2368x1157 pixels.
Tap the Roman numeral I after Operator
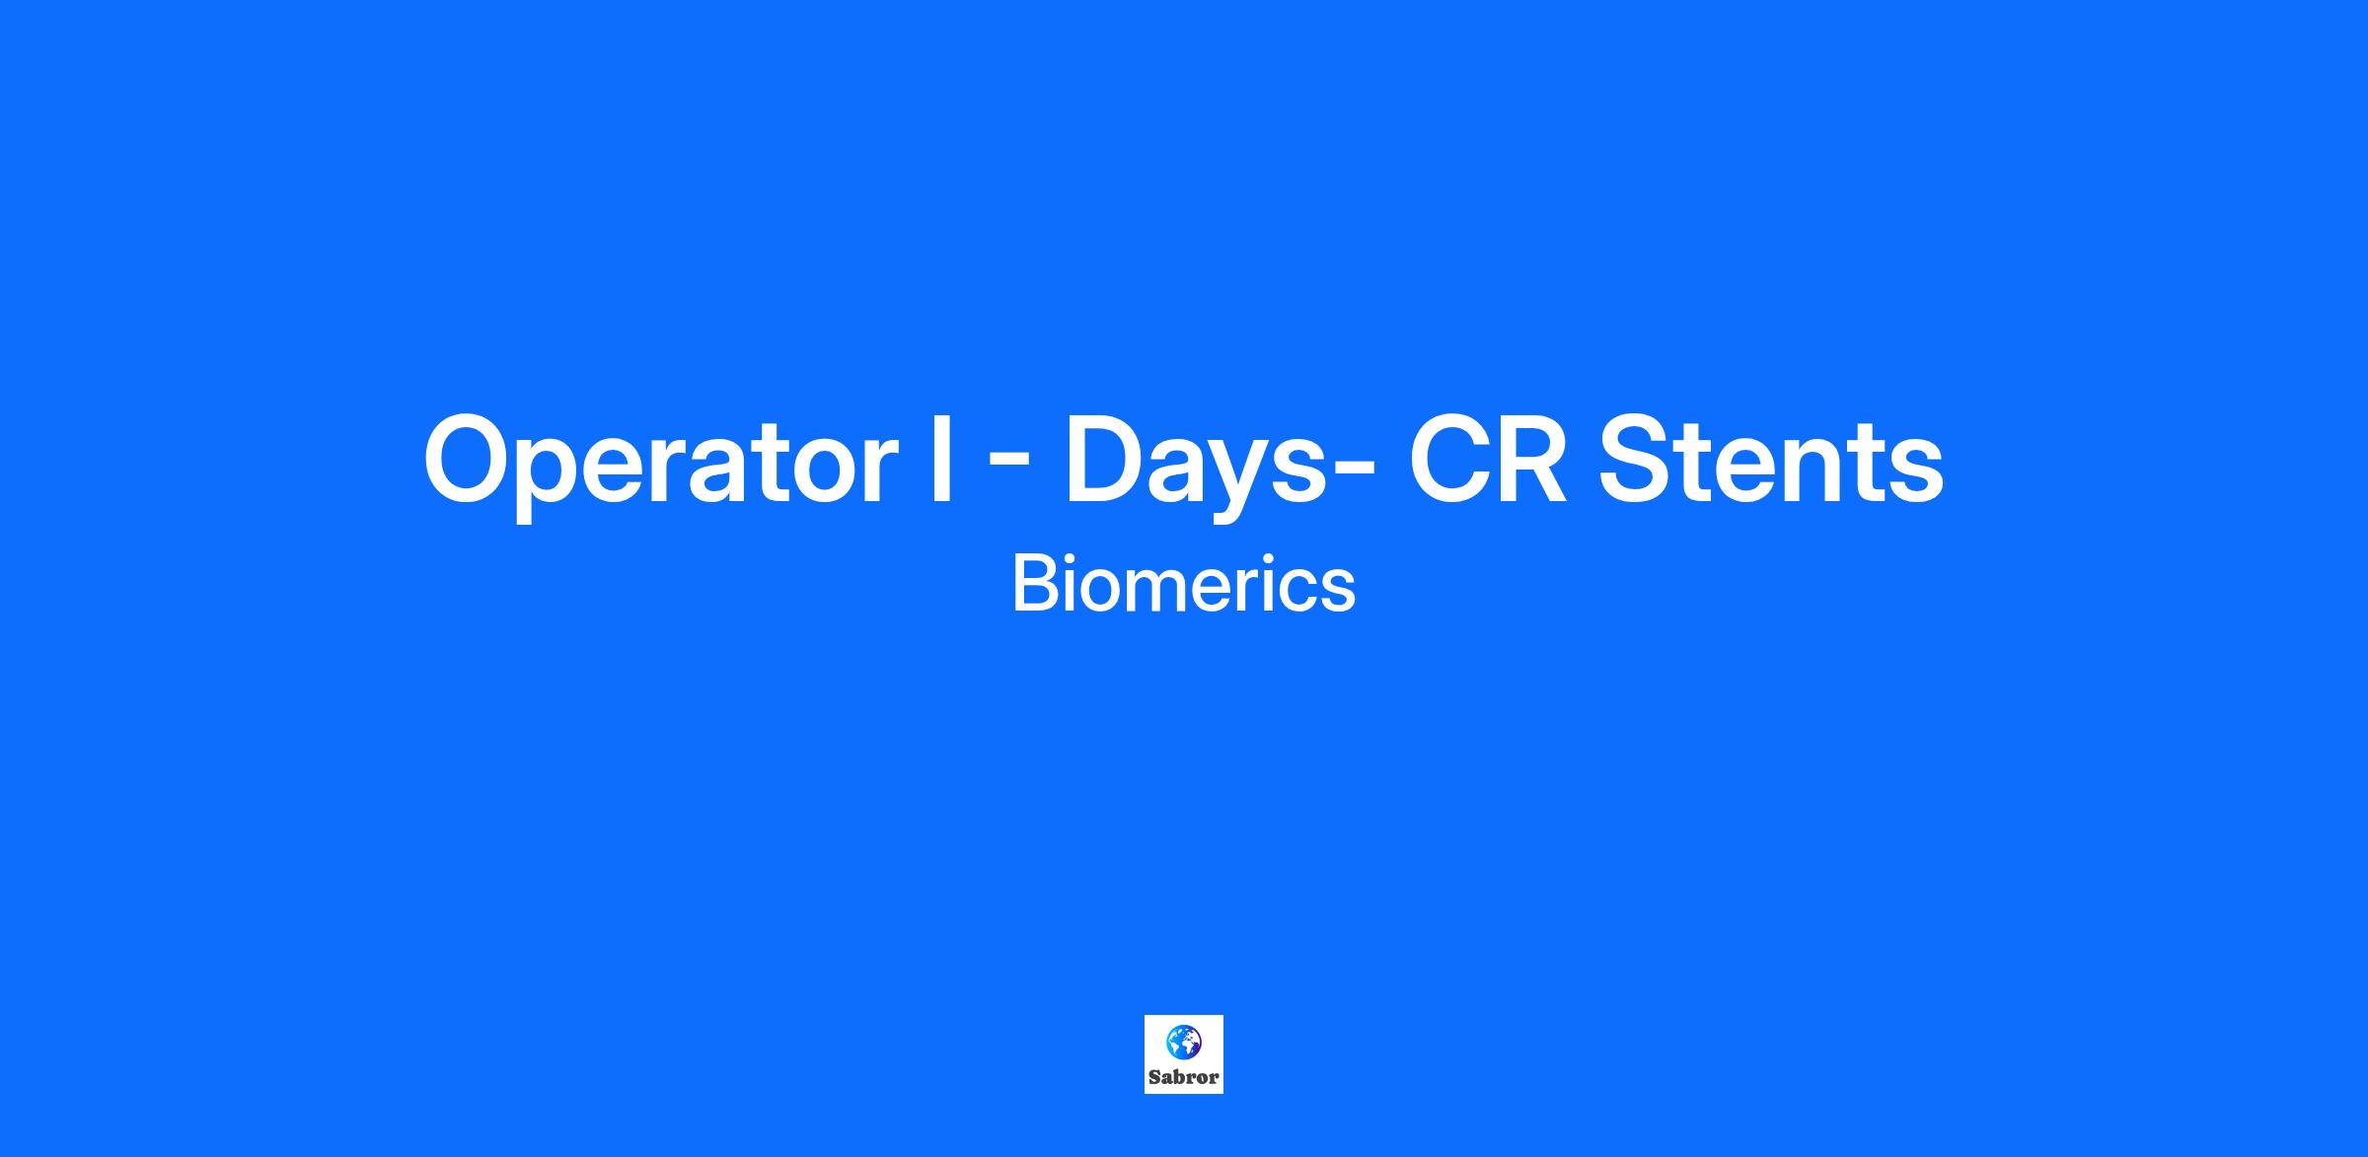[941, 460]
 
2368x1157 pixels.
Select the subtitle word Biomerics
[1183, 584]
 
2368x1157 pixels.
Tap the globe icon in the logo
[1183, 1041]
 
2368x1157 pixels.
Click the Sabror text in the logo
[1183, 1077]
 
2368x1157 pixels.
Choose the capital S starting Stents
[1639, 460]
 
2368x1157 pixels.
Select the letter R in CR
[1535, 460]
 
